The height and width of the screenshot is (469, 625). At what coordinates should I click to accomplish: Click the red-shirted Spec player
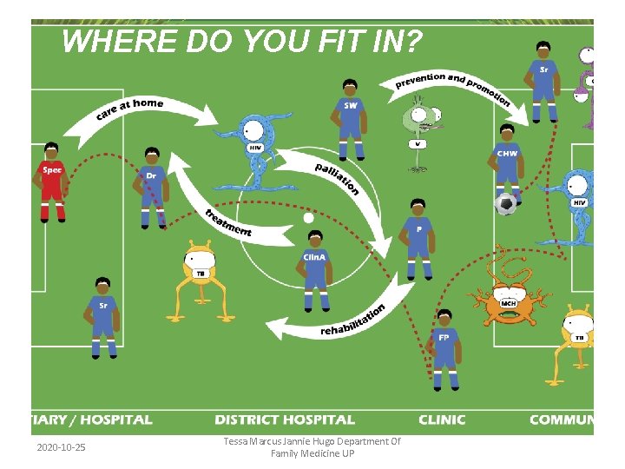coord(52,178)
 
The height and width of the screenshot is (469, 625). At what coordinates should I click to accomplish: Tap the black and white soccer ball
coord(505,203)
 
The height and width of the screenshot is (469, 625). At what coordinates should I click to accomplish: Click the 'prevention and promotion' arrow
coord(451,83)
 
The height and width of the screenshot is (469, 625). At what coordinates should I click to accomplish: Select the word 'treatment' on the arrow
coord(228,223)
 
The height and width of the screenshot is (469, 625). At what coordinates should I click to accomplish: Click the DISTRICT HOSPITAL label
coord(285,419)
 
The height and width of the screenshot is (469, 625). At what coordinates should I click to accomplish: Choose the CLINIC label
coord(442,419)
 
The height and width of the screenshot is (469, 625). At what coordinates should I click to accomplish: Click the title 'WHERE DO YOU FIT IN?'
coord(242,41)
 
